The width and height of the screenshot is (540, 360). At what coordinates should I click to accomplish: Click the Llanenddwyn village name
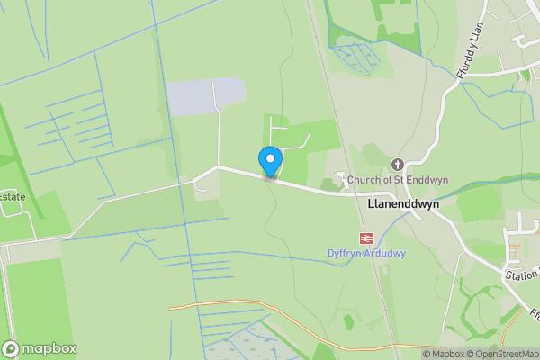point(403,204)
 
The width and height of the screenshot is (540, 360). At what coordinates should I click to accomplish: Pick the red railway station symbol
point(366,238)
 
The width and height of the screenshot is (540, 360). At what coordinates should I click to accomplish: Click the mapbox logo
point(40,348)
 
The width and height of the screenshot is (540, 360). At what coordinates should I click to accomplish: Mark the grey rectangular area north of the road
point(205,95)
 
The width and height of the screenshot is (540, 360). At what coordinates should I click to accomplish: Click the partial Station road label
point(522,273)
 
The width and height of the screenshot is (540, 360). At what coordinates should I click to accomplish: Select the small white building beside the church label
point(340,178)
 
